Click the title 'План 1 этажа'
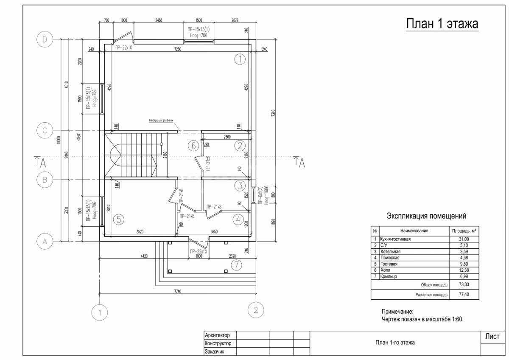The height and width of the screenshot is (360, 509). click(x=442, y=24)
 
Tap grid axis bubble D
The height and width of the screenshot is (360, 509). click(x=45, y=39)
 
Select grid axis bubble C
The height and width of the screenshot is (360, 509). click(x=45, y=131)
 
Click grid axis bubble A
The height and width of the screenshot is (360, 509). click(x=45, y=242)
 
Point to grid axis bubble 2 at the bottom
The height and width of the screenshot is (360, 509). click(x=255, y=309)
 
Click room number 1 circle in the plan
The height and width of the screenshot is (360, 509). click(x=240, y=59)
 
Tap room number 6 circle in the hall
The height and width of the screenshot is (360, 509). click(x=193, y=146)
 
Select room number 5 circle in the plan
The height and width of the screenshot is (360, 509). click(x=119, y=219)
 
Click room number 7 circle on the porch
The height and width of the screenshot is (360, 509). click(x=236, y=265)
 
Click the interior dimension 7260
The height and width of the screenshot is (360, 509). click(x=178, y=50)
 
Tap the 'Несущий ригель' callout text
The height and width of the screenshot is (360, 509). click(x=161, y=120)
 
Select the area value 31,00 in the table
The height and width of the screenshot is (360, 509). click(x=463, y=239)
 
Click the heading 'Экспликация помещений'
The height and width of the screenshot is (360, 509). click(x=426, y=216)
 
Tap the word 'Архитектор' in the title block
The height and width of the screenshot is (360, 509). click(x=217, y=335)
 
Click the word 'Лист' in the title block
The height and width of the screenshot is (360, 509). click(x=492, y=337)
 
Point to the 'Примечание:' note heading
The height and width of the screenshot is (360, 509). click(x=397, y=312)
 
